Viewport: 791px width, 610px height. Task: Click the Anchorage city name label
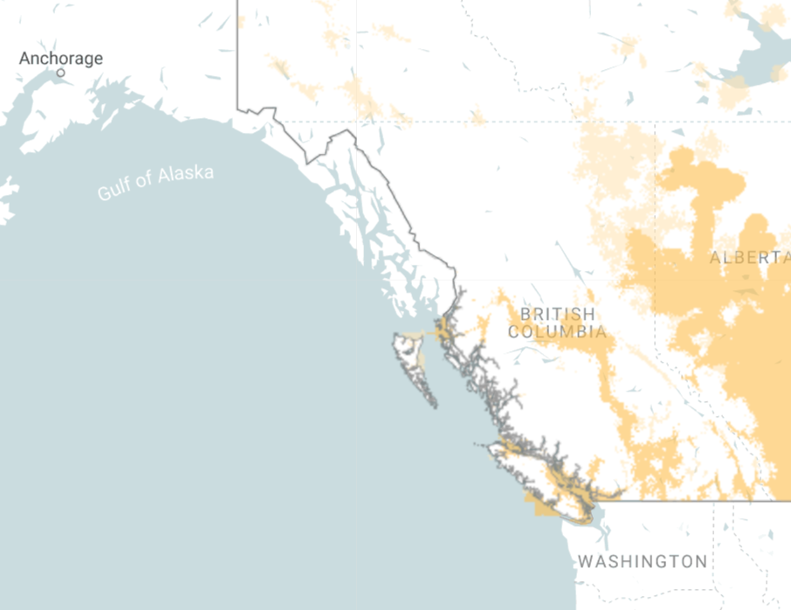(x=61, y=59)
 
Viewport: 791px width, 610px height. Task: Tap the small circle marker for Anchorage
(x=60, y=73)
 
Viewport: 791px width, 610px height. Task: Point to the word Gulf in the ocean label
(x=114, y=187)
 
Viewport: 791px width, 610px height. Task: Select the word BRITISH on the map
(x=557, y=314)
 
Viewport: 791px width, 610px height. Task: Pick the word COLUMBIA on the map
(x=557, y=332)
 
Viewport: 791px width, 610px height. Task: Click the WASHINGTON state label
(x=643, y=560)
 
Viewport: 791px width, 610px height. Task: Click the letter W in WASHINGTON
(x=586, y=560)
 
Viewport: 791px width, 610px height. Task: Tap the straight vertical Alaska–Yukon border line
(x=237, y=52)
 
